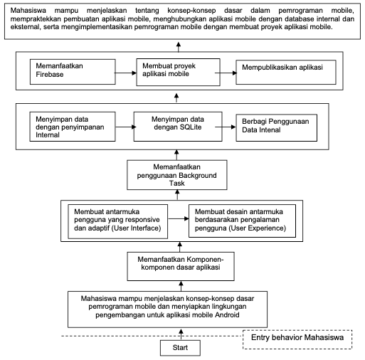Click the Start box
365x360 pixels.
(180, 348)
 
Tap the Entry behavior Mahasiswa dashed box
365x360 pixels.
(297, 339)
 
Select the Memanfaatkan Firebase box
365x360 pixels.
(73, 72)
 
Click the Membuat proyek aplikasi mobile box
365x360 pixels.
(178, 72)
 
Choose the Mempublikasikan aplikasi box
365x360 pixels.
(286, 72)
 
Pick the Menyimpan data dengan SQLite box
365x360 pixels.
(178, 127)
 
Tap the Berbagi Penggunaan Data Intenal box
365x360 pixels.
(276, 128)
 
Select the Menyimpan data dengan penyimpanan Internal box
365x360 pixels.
(73, 127)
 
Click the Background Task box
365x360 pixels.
(177, 175)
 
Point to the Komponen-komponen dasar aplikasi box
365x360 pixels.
(181, 266)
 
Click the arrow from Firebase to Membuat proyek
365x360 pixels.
(126, 73)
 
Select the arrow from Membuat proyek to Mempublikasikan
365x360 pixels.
(226, 73)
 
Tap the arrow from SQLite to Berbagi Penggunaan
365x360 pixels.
(226, 127)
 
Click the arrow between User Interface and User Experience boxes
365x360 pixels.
(179, 218)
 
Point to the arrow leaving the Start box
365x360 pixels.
(181, 334)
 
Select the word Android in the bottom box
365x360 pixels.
(227, 315)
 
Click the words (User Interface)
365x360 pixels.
(136, 228)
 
